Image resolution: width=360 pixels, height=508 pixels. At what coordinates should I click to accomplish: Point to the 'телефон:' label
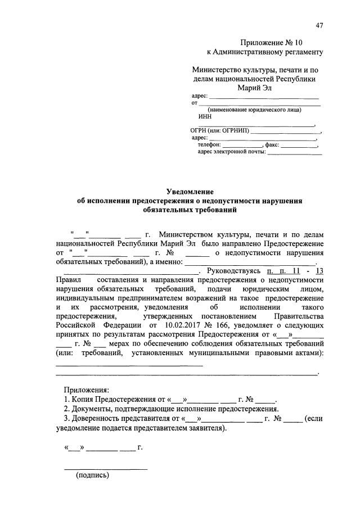(210, 144)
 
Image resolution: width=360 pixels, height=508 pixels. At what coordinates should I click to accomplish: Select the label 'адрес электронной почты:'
(232, 152)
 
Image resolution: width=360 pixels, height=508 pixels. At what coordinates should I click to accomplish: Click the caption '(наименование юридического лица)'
(255, 110)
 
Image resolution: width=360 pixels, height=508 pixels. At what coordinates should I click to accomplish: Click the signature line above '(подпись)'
(105, 468)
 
